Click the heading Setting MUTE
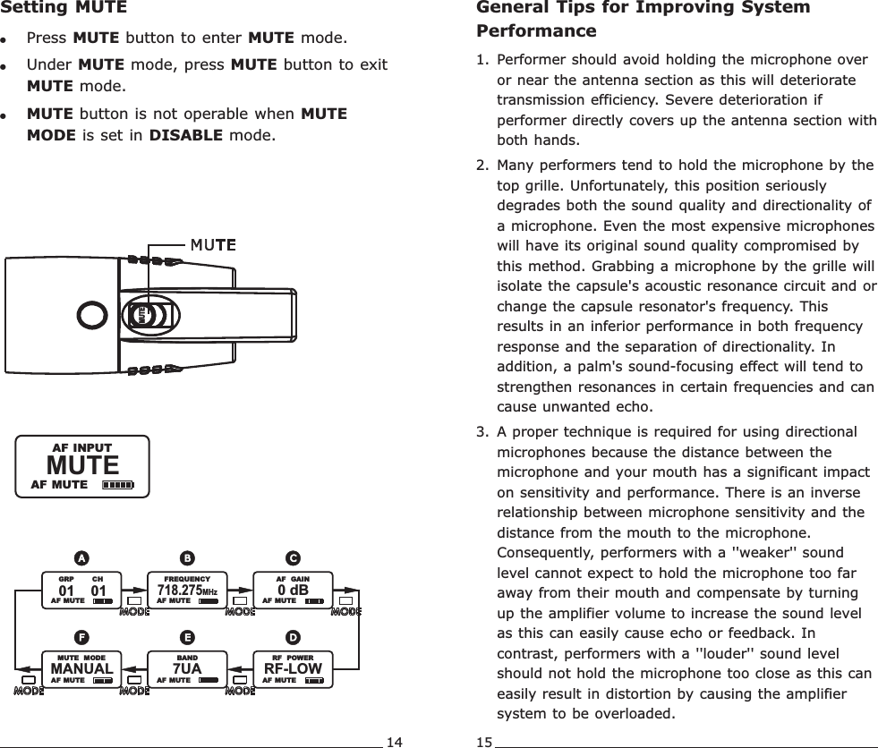tap(64, 9)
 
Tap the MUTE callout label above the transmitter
tap(211, 244)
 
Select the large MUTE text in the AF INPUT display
tap(82, 465)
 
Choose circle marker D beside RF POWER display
tap(293, 637)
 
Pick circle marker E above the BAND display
tap(187, 637)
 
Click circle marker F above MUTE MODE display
tap(81, 637)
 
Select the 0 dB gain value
tap(293, 591)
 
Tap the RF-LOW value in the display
tap(293, 668)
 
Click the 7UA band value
tap(187, 668)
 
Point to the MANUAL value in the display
tap(81, 668)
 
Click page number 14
tap(394, 741)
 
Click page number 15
tap(483, 741)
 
